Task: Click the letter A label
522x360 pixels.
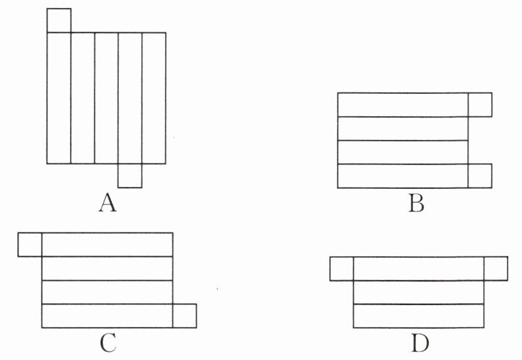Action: tap(108, 203)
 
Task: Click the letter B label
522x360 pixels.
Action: tap(416, 203)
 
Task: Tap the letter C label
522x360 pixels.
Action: tap(108, 343)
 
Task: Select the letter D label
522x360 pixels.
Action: tap(420, 343)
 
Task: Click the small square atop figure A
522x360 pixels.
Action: tap(59, 20)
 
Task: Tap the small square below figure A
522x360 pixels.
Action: tap(130, 176)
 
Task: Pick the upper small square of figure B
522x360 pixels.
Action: tap(480, 104)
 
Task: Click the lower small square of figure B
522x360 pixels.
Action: tap(480, 176)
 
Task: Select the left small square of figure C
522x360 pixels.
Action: tap(30, 244)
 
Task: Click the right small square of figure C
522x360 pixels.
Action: tap(185, 316)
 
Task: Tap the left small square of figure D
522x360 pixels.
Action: tap(342, 269)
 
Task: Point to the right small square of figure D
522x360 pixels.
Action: tap(496, 269)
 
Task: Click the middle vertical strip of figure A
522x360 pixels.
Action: tap(106, 98)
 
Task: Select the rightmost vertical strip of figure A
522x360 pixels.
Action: tap(154, 98)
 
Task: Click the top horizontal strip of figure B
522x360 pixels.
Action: tap(403, 104)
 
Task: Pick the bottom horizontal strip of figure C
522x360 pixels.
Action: tap(107, 316)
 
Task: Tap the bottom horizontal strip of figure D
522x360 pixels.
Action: tap(419, 316)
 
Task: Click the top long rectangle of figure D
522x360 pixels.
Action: tap(419, 269)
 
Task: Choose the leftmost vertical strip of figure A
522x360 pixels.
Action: tap(59, 98)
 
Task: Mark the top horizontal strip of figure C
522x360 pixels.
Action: tap(107, 244)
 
